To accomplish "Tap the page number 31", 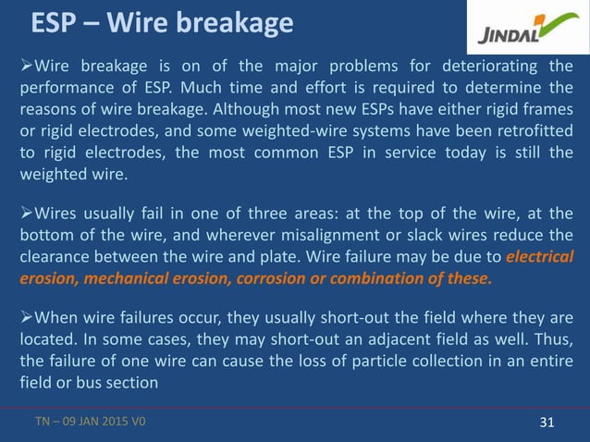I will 546,423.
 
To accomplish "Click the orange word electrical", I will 541,257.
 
